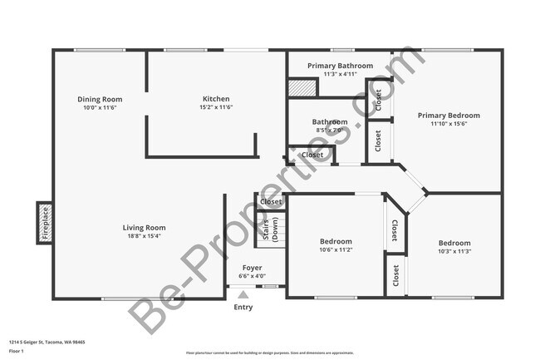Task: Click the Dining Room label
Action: pyautogui.click(x=100, y=99)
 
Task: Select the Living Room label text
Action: pyautogui.click(x=145, y=228)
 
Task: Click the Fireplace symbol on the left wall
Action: pyautogui.click(x=46, y=223)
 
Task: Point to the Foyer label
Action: pyautogui.click(x=252, y=268)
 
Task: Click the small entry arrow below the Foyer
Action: pyautogui.click(x=243, y=293)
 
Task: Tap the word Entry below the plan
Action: pyautogui.click(x=243, y=307)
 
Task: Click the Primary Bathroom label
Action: pyautogui.click(x=339, y=66)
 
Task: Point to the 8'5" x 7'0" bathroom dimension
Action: pyautogui.click(x=330, y=131)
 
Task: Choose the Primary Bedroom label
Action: pyautogui.click(x=449, y=116)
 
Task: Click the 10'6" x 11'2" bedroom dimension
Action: pyautogui.click(x=336, y=250)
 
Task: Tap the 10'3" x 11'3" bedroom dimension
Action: pyautogui.click(x=454, y=252)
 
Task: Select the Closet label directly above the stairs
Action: pyautogui.click(x=271, y=201)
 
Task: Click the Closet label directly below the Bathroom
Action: pyautogui.click(x=312, y=155)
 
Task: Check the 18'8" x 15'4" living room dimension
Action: pyautogui.click(x=145, y=236)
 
